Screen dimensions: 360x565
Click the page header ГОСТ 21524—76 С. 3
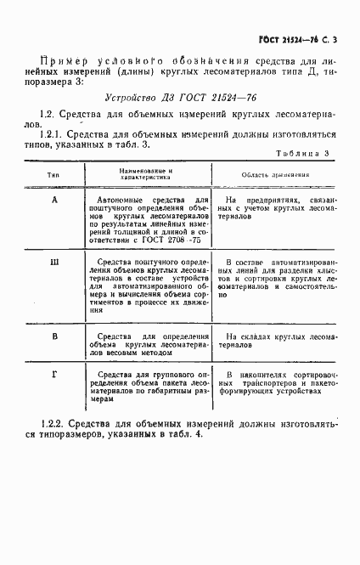(x=304, y=40)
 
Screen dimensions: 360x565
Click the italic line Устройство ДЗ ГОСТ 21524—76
(x=180, y=99)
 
